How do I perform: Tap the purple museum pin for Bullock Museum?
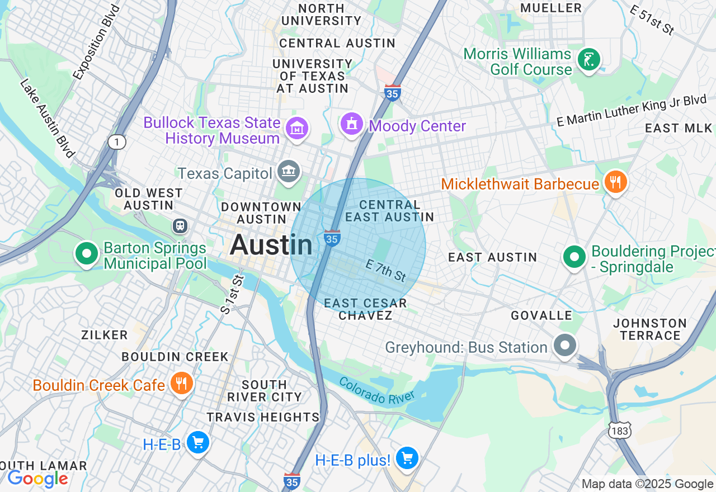pyautogui.click(x=297, y=129)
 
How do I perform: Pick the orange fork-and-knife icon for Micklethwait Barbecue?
pyautogui.click(x=615, y=182)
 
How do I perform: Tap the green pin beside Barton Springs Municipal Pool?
pyautogui.click(x=87, y=254)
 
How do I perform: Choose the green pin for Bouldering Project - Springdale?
pyautogui.click(x=574, y=257)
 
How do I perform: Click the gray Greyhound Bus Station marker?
pyautogui.click(x=565, y=345)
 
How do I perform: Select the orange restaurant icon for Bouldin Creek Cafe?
pyautogui.click(x=181, y=384)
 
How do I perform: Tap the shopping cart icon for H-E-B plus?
pyautogui.click(x=407, y=458)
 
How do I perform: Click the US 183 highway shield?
pyautogui.click(x=620, y=429)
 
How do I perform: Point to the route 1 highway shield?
pyautogui.click(x=116, y=142)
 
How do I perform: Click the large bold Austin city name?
pyautogui.click(x=271, y=245)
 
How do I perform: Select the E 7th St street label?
pyautogui.click(x=386, y=271)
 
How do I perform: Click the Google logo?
pyautogui.click(x=37, y=479)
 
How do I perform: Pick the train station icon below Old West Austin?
pyautogui.click(x=180, y=226)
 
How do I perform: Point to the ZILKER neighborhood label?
pyautogui.click(x=105, y=335)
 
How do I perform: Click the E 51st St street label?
pyautogui.click(x=652, y=20)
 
